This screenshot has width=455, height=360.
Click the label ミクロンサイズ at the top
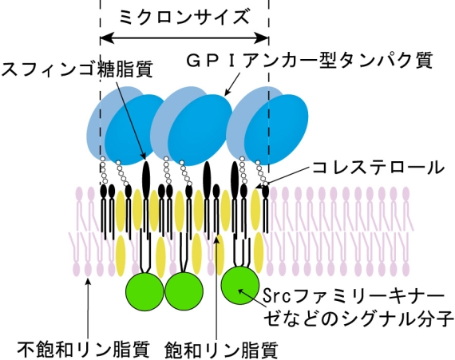184,17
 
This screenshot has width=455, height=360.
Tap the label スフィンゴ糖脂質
77,69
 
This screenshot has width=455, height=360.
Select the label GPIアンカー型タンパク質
310,60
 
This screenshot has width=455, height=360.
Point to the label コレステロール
378,168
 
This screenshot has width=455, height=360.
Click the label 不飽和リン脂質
84,350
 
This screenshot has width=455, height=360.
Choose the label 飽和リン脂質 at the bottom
221,350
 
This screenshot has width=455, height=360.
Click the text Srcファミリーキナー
354,296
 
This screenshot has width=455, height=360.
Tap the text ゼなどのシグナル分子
358,318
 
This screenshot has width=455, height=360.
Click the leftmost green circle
144,291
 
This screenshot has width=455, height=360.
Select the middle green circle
184,291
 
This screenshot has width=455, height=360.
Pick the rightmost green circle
240,285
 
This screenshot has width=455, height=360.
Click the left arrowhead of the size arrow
107,38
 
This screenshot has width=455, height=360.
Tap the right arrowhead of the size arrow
262,38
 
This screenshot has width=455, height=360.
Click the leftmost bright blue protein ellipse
136,129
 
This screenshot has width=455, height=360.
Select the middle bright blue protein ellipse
200,129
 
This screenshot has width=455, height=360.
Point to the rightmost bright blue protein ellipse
276,129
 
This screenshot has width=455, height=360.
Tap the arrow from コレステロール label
283,177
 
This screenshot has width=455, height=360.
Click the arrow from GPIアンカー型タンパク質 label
232,84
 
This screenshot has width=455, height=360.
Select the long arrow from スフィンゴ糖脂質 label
131,120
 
